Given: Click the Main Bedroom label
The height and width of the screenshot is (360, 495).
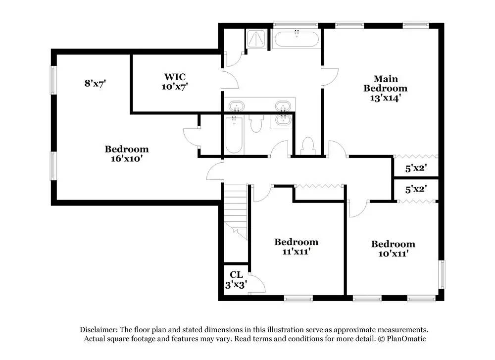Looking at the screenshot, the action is [x=386, y=83].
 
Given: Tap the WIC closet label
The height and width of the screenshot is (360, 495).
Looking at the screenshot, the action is [x=175, y=77].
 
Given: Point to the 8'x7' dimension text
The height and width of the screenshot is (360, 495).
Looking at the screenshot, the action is [x=95, y=83].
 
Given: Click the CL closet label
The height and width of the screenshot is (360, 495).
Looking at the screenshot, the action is [x=236, y=275].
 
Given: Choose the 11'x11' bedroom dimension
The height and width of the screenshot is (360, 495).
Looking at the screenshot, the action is [x=296, y=252].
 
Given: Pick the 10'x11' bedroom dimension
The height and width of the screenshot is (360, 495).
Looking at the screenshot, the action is [x=394, y=253].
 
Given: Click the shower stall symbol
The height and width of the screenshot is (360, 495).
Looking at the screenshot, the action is [x=256, y=39].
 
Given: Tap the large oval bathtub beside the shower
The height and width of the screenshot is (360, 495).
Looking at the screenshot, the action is [x=297, y=39].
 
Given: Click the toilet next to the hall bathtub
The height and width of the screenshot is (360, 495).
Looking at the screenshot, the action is [x=256, y=123].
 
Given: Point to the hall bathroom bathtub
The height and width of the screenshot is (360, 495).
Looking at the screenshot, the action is [x=234, y=135].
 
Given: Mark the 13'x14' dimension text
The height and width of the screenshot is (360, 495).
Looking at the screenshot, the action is [x=386, y=98].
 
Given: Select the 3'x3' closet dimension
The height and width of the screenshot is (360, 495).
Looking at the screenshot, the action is [x=236, y=285].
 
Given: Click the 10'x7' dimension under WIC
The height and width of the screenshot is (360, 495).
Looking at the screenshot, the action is [x=175, y=87].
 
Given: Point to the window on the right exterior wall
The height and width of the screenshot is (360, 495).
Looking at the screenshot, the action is [x=443, y=274].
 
